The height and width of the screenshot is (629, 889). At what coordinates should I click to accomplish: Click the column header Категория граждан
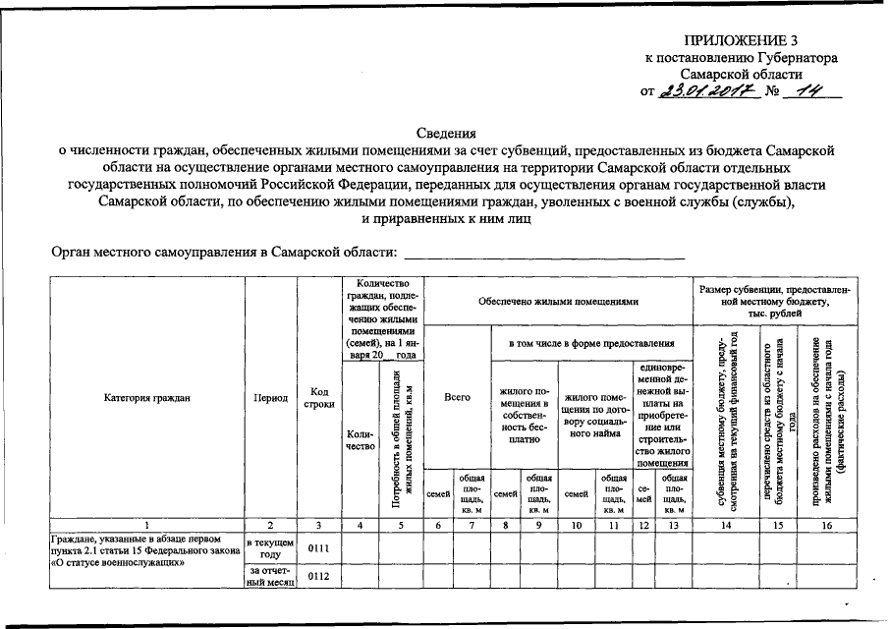(146, 397)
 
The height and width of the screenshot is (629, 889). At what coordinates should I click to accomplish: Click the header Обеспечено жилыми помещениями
(559, 301)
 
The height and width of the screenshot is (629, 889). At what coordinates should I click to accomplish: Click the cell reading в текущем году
(270, 547)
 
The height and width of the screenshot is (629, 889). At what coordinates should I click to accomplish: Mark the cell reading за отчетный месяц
(270, 576)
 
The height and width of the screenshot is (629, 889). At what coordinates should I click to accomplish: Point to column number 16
(827, 525)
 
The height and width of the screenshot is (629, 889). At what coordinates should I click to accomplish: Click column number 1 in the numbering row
(146, 525)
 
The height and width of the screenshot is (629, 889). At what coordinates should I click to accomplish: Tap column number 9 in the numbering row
(539, 525)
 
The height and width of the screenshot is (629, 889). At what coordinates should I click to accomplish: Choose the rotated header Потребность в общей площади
(397, 437)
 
